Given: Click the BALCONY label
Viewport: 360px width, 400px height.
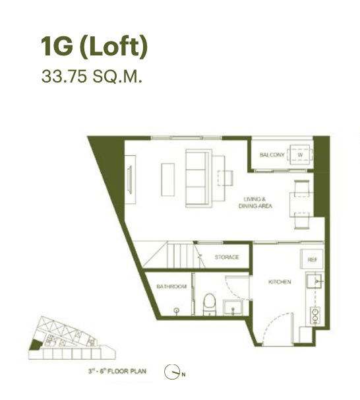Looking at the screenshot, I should coord(272,154).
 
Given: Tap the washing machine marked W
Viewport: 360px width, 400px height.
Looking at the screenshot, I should coord(301,154).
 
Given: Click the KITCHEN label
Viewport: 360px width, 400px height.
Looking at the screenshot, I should coord(280,283).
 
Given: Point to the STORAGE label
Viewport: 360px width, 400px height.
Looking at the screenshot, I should coord(227,257).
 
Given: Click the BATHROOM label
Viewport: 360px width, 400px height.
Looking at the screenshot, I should coord(171,286).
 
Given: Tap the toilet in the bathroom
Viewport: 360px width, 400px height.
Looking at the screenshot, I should coord(209,304).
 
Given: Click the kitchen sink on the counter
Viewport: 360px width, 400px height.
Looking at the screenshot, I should coord(317,282).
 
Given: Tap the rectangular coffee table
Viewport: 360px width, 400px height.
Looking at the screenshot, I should coord(167,178).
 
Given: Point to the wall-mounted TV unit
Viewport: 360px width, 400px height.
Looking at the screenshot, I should coord(130,176).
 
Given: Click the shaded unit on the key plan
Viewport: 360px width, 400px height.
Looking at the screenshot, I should coord(35,344).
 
